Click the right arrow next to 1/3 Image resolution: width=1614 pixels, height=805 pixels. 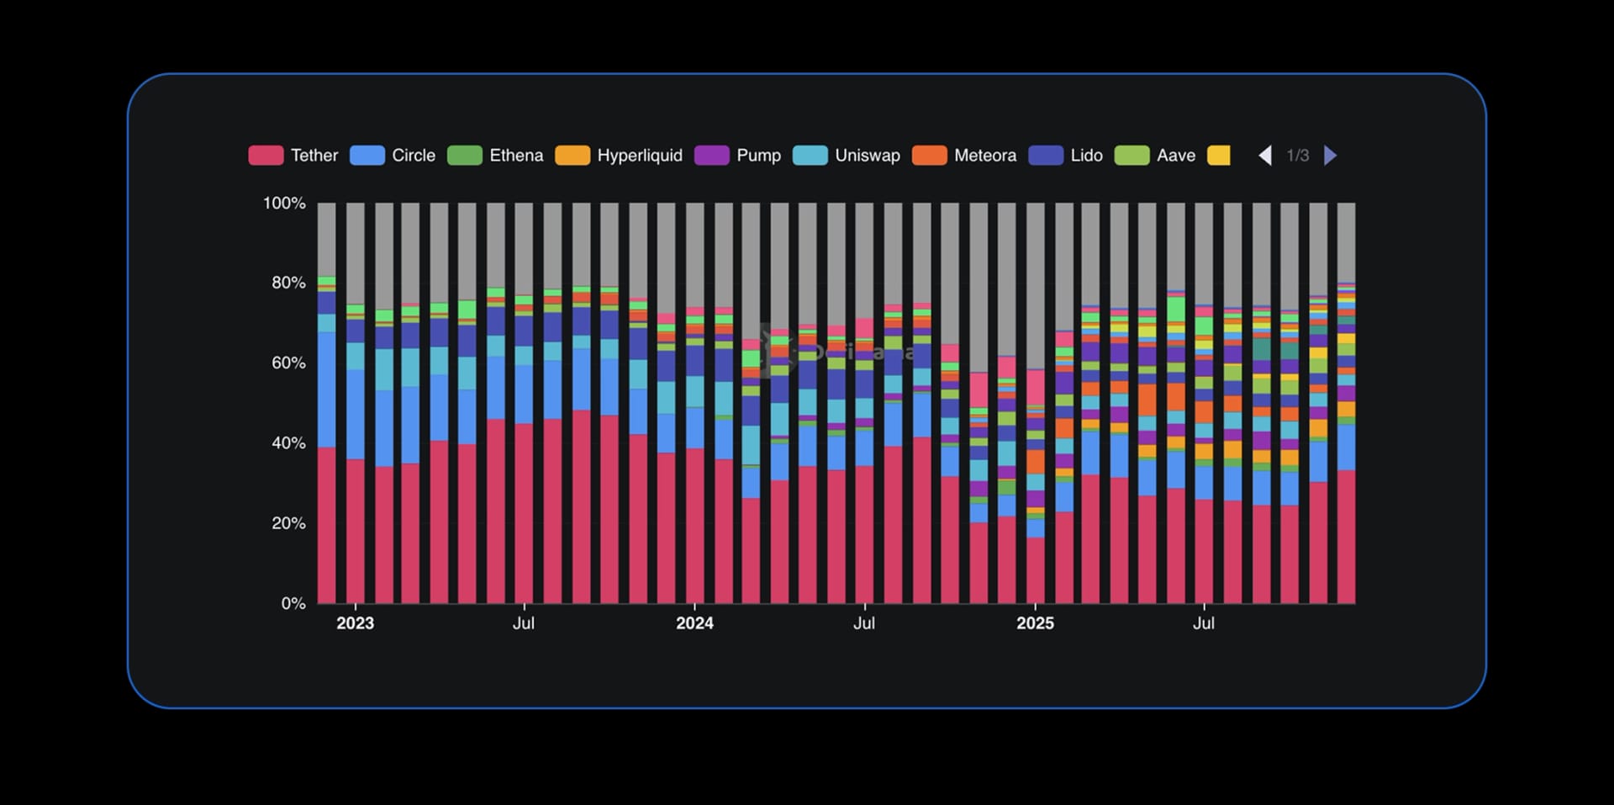[x=1330, y=156]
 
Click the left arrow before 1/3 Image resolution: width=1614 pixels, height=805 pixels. [x=1264, y=156]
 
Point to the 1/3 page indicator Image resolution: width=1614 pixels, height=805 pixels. [x=1297, y=156]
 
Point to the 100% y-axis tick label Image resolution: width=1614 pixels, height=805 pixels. [x=284, y=204]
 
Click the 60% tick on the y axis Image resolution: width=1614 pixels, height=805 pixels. [x=288, y=363]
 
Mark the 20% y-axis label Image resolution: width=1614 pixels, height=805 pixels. [x=288, y=523]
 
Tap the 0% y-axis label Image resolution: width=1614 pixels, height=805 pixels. [x=293, y=603]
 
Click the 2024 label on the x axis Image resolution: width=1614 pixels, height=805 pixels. [x=694, y=623]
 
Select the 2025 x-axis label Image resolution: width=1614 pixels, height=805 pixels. [x=1035, y=623]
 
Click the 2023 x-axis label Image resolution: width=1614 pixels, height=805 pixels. [x=355, y=623]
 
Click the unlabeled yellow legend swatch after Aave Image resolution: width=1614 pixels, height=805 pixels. [x=1218, y=156]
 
